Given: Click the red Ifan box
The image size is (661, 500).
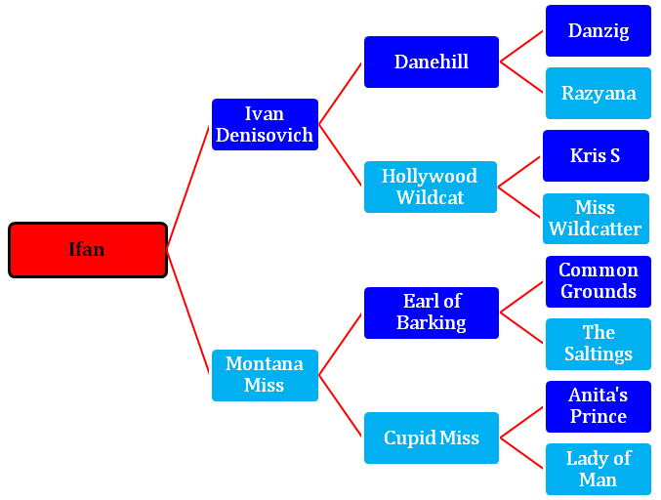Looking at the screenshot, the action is [88, 250].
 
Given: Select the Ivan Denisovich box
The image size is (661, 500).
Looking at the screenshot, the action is [265, 124].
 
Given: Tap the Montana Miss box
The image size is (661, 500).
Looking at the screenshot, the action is [265, 375].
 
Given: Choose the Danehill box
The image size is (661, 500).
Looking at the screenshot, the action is [432, 62].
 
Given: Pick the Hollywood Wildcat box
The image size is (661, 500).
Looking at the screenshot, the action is [431, 187].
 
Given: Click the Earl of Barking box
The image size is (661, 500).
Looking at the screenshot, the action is [432, 312].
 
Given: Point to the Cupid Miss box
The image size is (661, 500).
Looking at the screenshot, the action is [432, 438].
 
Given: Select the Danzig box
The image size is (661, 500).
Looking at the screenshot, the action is [599, 31].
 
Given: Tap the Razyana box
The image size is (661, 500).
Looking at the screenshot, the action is [599, 93].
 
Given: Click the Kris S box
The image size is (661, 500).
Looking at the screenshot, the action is [596, 155].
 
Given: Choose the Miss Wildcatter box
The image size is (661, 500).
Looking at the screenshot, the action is [596, 219].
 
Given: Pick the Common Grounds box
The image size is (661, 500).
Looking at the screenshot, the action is [599, 281].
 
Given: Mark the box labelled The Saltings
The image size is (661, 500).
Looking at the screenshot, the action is [599, 344].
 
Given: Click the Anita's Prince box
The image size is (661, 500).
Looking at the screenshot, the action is [599, 406].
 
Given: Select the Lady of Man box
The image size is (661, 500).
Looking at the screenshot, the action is [599, 469].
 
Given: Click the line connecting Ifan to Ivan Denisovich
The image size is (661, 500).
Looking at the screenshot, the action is [188, 187].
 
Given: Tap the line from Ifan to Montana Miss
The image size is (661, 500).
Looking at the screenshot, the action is [188, 312].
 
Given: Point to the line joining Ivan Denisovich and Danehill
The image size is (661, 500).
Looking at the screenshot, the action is [340, 94].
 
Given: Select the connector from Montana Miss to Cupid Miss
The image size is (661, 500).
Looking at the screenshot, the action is [340, 405].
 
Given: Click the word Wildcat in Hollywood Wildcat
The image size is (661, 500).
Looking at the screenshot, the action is [430, 197].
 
